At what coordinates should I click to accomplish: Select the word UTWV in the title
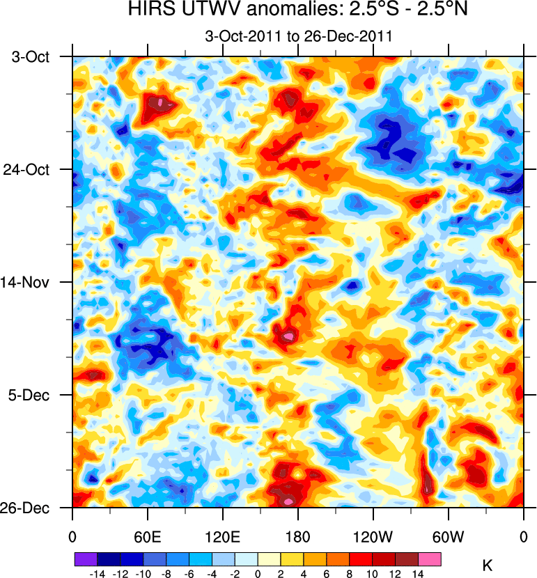(203, 10)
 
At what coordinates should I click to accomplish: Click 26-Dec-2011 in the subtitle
(354, 36)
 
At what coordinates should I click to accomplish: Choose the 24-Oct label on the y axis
(30, 169)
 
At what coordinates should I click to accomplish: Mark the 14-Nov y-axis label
(30, 282)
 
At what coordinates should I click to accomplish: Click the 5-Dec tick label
(32, 395)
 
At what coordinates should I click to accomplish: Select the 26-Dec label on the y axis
(30, 508)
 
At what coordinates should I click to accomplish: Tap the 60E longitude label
(148, 537)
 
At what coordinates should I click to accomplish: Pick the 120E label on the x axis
(223, 537)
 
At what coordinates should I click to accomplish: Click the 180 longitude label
(298, 537)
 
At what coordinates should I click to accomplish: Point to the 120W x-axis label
(373, 537)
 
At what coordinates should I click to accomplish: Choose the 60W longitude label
(449, 537)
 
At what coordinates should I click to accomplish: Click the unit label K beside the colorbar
(488, 566)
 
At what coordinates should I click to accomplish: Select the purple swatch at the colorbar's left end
(86, 559)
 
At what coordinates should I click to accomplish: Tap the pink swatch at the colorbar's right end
(430, 559)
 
